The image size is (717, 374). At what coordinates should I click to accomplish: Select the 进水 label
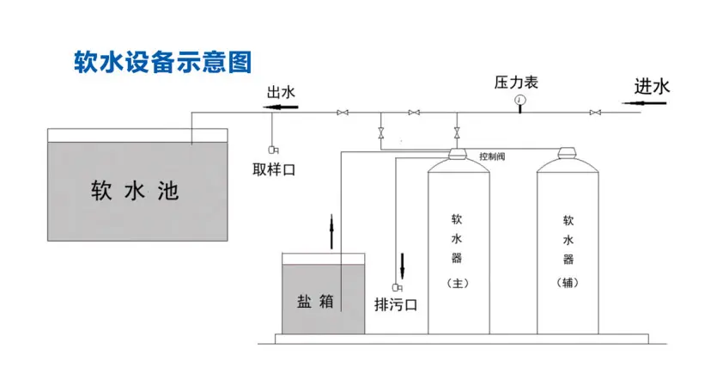652,86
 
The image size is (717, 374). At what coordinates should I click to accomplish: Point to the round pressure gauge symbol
520,101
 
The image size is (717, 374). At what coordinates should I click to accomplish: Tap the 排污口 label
396,303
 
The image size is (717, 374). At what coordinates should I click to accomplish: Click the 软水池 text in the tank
135,190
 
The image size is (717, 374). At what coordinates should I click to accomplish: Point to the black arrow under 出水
280,107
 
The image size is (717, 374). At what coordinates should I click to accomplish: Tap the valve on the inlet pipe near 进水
595,113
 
